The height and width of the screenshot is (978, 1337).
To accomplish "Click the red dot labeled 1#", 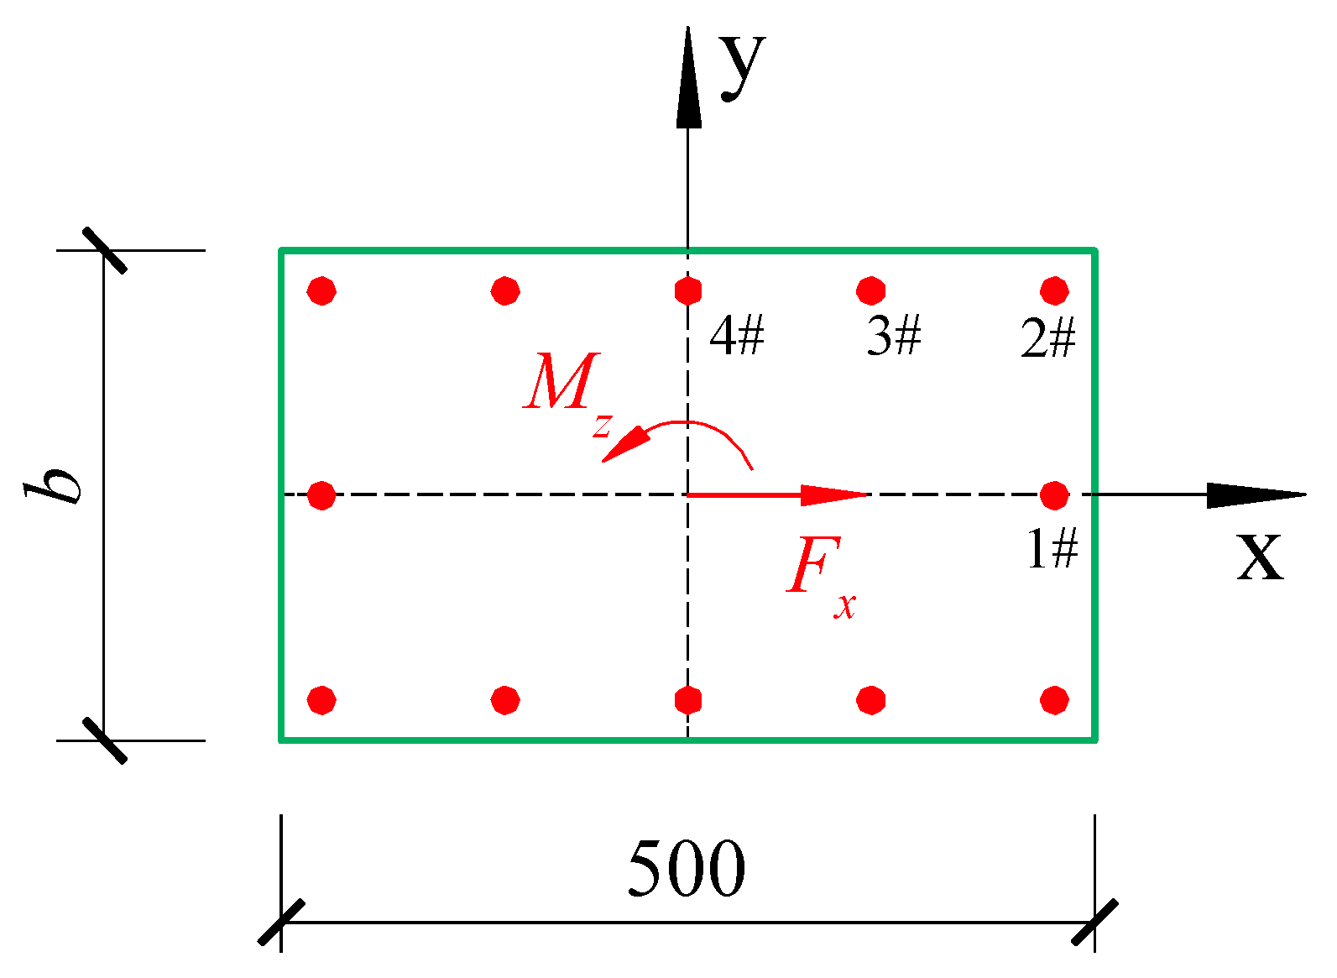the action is [x=1054, y=495].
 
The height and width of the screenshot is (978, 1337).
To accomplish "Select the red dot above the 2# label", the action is [x=1054, y=290].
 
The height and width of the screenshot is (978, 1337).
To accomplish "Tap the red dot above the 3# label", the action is [x=871, y=290].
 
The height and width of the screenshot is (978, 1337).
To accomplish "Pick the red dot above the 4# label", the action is [x=688, y=290].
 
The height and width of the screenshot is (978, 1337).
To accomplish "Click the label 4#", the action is [x=736, y=337].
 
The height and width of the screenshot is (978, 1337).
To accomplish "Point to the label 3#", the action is [x=894, y=337].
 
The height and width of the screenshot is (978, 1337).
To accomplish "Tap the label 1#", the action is [x=1052, y=551].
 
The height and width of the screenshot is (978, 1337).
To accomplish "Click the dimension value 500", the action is [x=687, y=867].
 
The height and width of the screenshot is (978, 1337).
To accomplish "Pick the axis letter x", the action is [x=1260, y=556].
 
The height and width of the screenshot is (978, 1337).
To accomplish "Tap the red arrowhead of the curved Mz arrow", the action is [x=624, y=445].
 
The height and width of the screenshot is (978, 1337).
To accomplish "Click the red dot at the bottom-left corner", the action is [x=321, y=699].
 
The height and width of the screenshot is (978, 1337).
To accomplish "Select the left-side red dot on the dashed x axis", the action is [x=321, y=495].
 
